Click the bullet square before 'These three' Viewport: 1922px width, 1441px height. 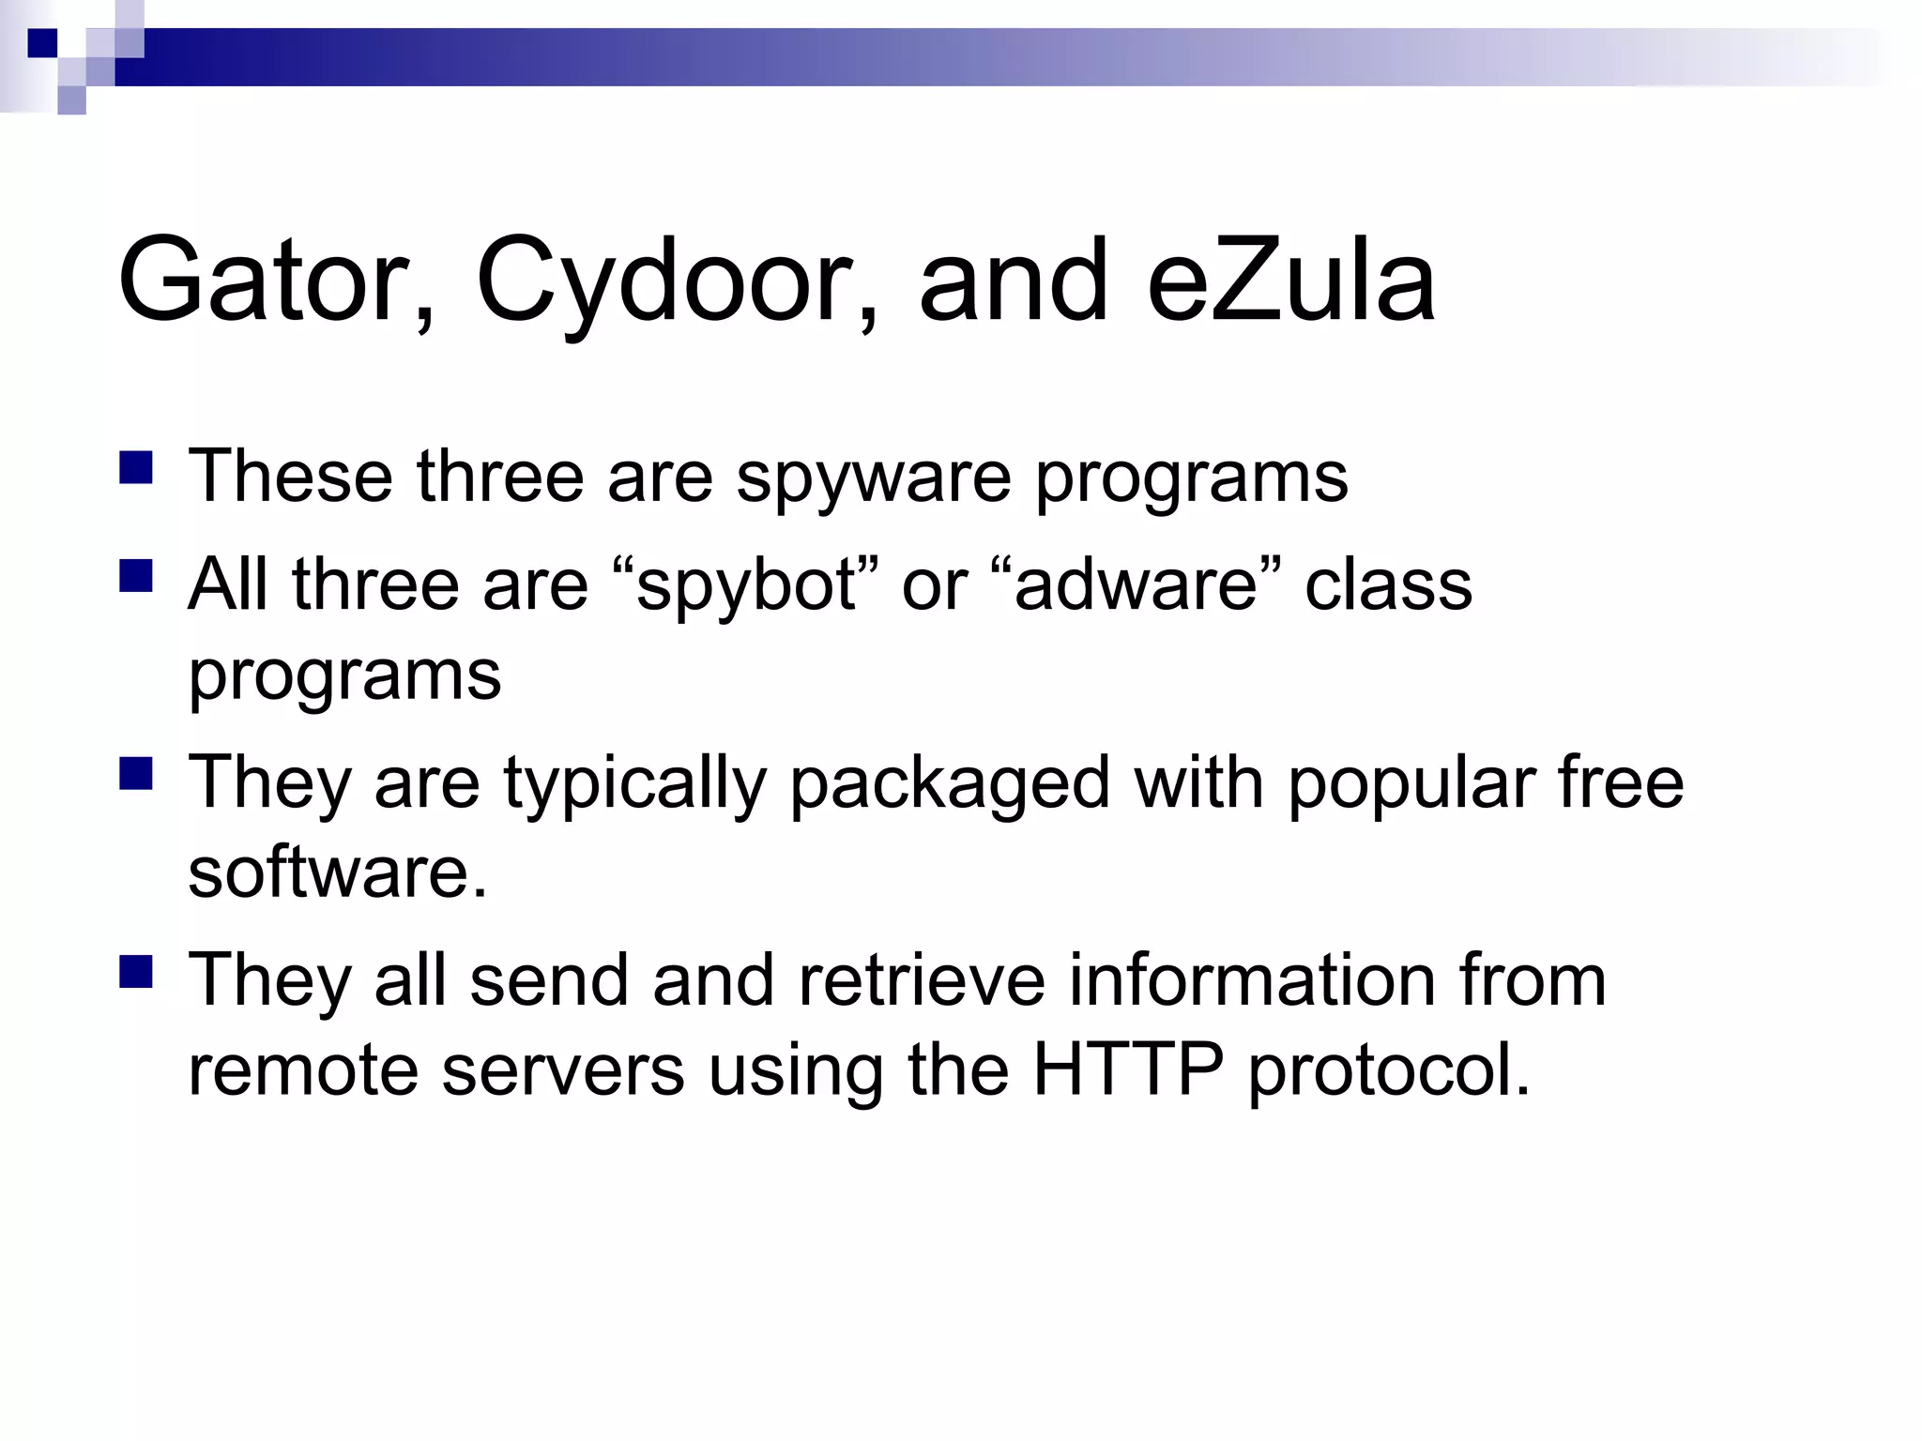[136, 467]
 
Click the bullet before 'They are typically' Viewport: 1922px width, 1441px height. [136, 774]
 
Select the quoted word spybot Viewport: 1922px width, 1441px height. [746, 585]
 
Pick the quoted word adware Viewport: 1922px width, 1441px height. [1136, 585]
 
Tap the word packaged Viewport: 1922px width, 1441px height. [950, 784]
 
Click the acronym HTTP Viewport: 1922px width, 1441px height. [1127, 1069]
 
